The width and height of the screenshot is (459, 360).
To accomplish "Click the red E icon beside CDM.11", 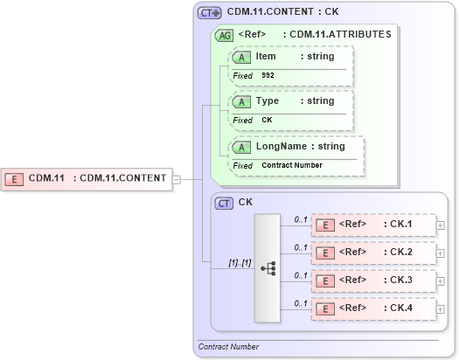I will pos(15,178).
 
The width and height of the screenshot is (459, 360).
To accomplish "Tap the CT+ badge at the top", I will pos(210,13).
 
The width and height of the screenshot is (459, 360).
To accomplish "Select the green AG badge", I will pos(224,36).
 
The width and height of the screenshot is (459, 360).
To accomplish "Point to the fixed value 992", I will pos(268,76).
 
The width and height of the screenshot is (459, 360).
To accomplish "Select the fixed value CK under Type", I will pos(268,121).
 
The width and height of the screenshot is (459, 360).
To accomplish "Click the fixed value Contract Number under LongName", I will pos(291,165).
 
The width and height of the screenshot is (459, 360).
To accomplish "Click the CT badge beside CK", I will pos(224,203).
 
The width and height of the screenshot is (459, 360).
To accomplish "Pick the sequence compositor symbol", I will pos(268,267).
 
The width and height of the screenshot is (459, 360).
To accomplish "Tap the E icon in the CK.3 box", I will pos(325,281).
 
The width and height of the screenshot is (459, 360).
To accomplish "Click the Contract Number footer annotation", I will pos(228,347).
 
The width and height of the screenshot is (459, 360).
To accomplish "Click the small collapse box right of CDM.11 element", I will pos(177,179).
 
